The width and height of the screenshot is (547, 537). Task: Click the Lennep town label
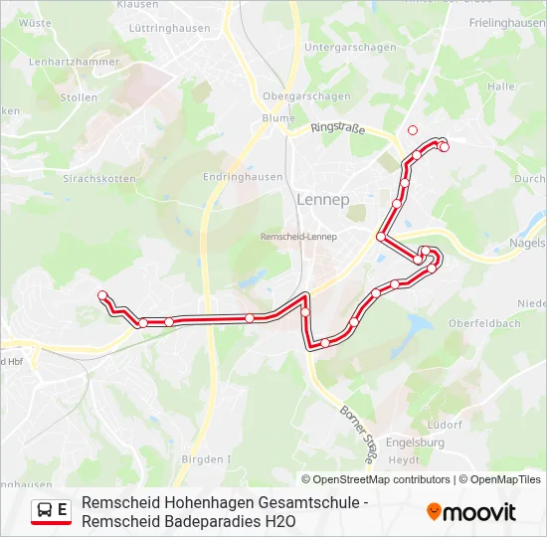[322, 199]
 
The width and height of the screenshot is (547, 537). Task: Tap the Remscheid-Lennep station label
[298, 237]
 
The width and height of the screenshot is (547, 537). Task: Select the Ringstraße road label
[338, 128]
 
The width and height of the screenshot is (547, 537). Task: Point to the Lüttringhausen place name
[169, 29]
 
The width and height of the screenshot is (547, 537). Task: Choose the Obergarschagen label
[306, 96]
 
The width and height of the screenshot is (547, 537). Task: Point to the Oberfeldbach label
[484, 324]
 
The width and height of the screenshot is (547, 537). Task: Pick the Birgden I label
[206, 459]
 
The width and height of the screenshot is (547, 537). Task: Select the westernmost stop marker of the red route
[101, 295]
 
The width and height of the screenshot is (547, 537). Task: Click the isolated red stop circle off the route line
[413, 129]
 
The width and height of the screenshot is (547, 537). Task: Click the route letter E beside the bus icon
[64, 510]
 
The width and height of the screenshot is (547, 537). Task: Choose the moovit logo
[471, 512]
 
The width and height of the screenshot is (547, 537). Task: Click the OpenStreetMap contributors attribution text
[383, 479]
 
